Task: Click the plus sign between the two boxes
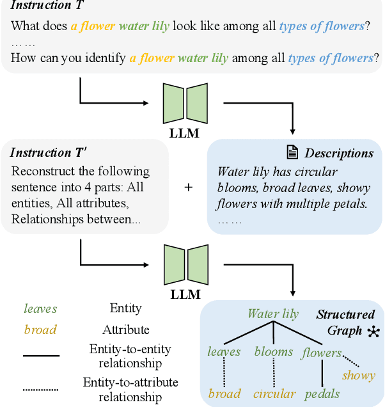click(x=189, y=187)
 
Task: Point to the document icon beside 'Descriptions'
click(x=292, y=153)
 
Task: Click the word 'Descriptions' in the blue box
click(x=339, y=154)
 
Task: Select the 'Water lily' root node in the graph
click(x=273, y=314)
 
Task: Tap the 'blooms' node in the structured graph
click(x=274, y=351)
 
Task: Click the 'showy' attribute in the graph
click(x=359, y=375)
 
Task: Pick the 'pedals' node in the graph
click(x=322, y=394)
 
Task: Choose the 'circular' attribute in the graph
click(x=274, y=394)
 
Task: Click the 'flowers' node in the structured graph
click(x=322, y=352)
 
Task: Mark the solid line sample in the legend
click(x=41, y=355)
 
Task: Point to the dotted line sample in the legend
click(x=41, y=390)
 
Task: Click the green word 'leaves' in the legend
click(x=40, y=308)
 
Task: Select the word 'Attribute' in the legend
click(x=126, y=330)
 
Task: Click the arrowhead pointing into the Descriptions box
click(x=293, y=132)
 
